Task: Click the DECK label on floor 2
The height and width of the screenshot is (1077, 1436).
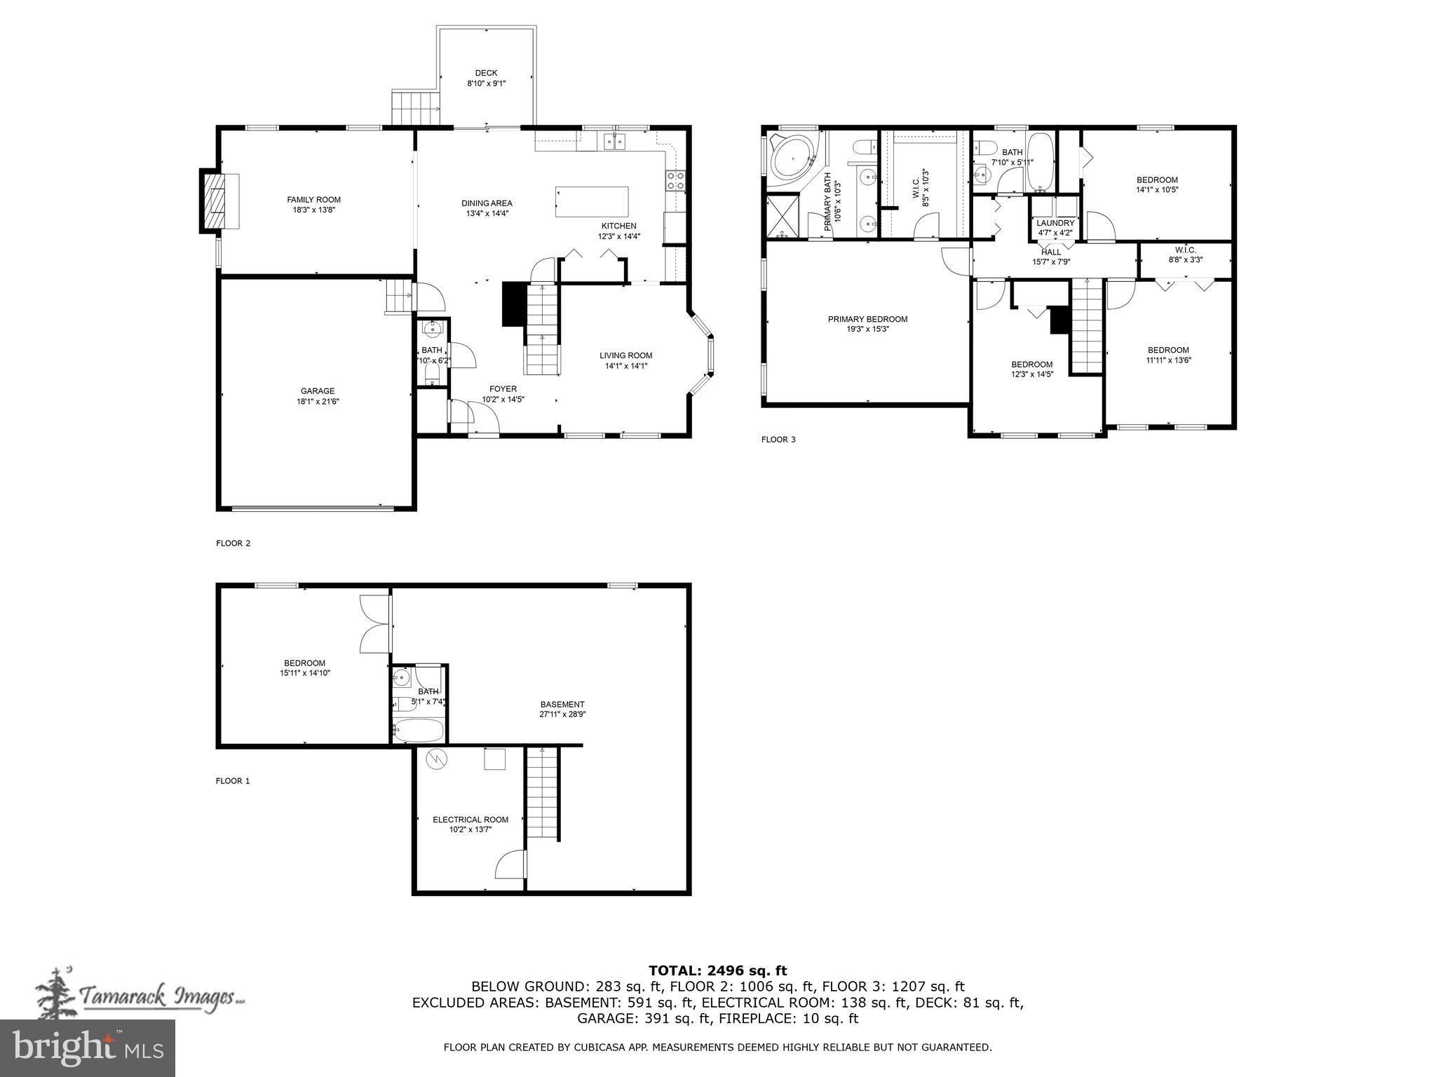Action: pyautogui.click(x=486, y=73)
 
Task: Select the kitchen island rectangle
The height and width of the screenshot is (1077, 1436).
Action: pyautogui.click(x=592, y=202)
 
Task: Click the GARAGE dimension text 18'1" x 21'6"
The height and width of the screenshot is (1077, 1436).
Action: pyautogui.click(x=318, y=402)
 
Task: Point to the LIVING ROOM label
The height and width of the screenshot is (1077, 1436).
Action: pyautogui.click(x=625, y=355)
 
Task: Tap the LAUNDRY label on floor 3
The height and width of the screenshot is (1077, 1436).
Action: pyautogui.click(x=1055, y=223)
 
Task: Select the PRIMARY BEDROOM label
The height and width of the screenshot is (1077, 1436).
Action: pyautogui.click(x=867, y=319)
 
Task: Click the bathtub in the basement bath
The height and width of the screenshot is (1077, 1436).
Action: pyautogui.click(x=419, y=731)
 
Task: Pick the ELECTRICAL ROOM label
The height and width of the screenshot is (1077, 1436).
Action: pyautogui.click(x=470, y=819)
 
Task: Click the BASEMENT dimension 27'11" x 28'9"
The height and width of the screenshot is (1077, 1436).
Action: pyautogui.click(x=562, y=714)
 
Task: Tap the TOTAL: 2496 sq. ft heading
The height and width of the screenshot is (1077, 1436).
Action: pyautogui.click(x=717, y=970)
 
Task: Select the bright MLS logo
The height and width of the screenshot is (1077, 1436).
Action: pyautogui.click(x=88, y=1048)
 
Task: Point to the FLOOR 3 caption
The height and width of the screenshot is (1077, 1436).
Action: pyautogui.click(x=778, y=440)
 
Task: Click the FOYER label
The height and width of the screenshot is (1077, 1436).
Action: pyautogui.click(x=503, y=389)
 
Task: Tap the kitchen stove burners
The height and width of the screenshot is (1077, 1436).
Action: pyautogui.click(x=675, y=180)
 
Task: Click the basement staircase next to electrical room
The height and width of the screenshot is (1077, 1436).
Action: pyautogui.click(x=542, y=793)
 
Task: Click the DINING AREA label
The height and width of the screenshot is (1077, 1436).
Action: pyautogui.click(x=487, y=203)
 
